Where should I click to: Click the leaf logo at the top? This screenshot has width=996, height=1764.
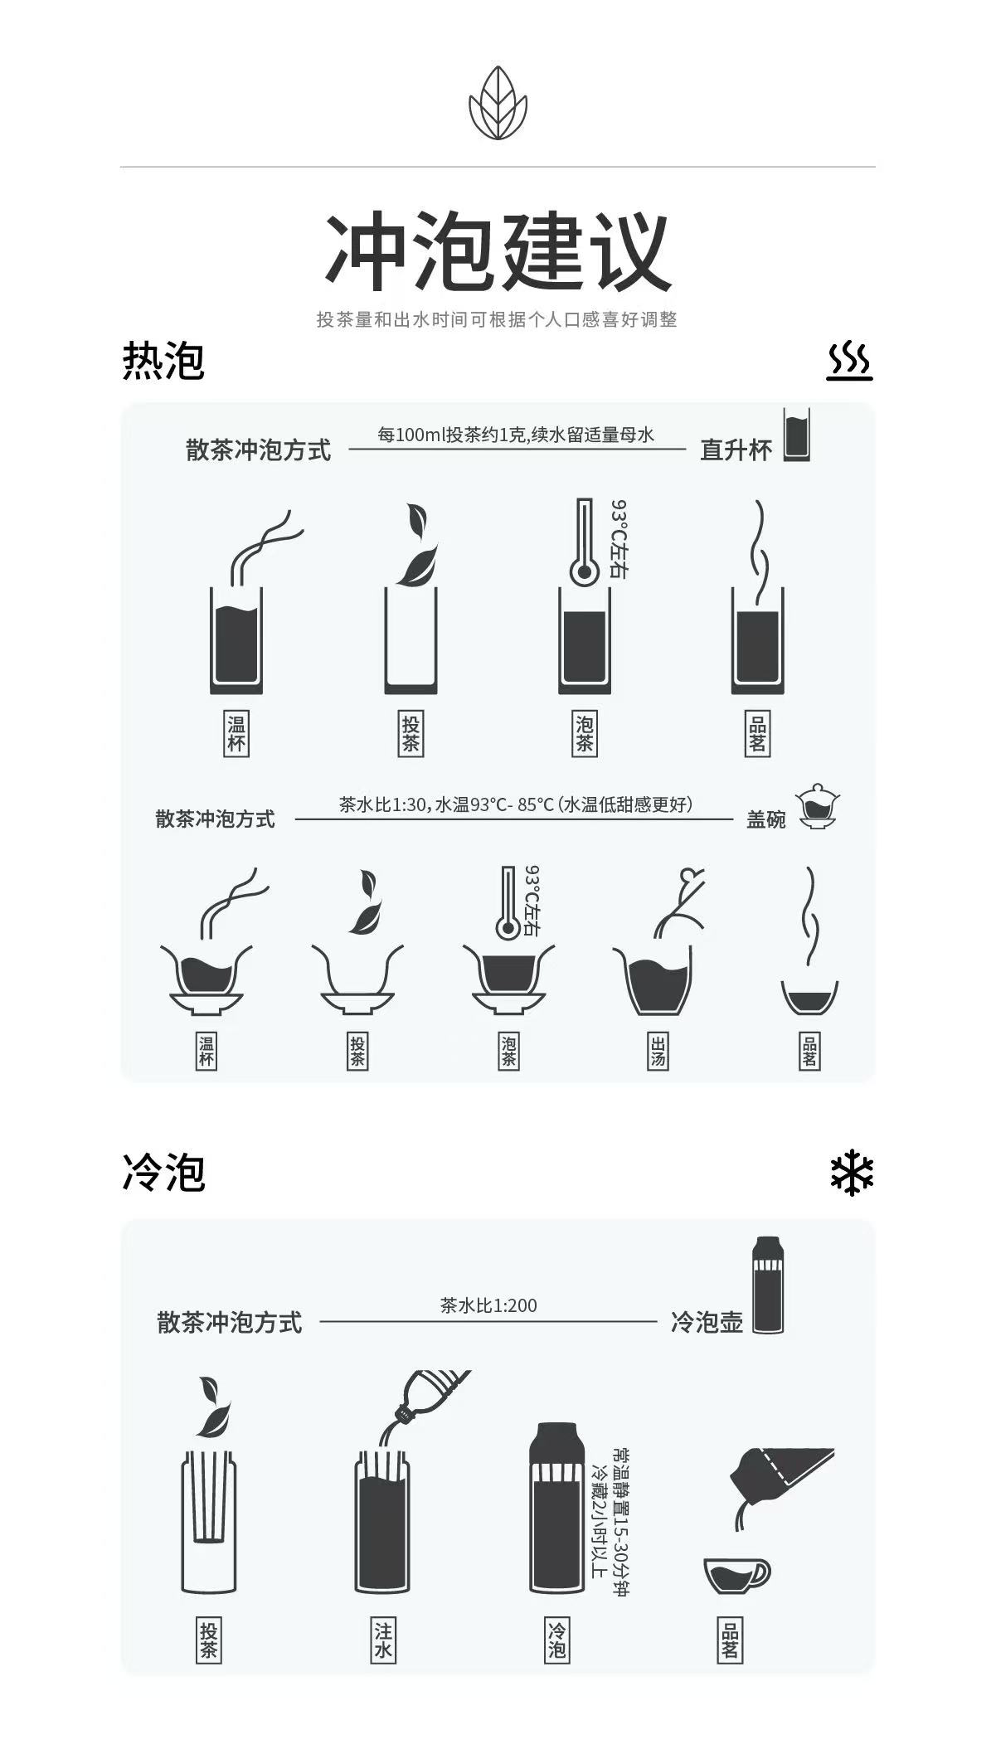[x=498, y=103]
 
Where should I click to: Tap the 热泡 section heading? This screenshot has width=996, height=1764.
[x=163, y=361]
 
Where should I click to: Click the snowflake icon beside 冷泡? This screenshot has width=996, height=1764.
[x=852, y=1173]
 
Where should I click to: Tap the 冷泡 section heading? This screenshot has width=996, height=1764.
[x=163, y=1173]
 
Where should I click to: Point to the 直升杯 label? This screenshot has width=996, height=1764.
[x=736, y=450]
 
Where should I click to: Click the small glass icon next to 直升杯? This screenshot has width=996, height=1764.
[x=797, y=434]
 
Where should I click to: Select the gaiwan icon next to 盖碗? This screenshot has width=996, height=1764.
[x=817, y=806]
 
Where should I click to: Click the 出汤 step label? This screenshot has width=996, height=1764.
[x=658, y=1051]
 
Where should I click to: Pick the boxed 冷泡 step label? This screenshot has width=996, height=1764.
[x=556, y=1640]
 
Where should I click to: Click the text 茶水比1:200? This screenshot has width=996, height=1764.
[x=488, y=1305]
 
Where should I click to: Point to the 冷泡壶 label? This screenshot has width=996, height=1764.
[x=707, y=1322]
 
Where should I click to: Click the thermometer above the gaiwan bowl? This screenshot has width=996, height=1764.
[x=509, y=904]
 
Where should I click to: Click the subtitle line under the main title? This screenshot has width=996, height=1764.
[x=497, y=319]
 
